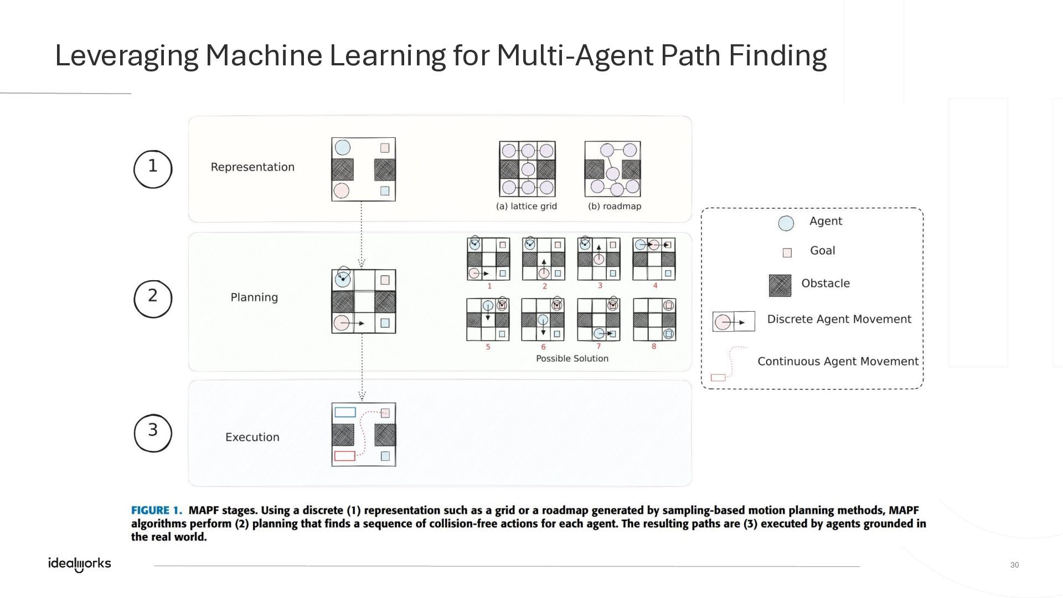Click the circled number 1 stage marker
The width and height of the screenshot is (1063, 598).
[x=153, y=168]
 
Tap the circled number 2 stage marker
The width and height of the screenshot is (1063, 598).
[x=153, y=298]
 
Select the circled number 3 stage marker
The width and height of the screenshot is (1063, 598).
[x=153, y=432]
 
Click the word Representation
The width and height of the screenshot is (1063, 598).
[x=252, y=167]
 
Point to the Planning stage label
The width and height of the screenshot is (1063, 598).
[x=254, y=297]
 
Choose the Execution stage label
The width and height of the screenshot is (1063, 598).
[x=252, y=437]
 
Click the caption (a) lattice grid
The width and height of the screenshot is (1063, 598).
[x=527, y=207]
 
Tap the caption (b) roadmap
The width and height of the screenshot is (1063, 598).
[x=615, y=207]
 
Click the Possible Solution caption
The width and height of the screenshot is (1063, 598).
[x=572, y=359]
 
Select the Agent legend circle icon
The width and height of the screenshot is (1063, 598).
[x=786, y=223]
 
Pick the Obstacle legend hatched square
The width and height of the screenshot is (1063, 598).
[x=780, y=285]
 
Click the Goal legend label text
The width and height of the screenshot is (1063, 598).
[x=822, y=251]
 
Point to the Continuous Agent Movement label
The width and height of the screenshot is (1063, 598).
[x=838, y=362]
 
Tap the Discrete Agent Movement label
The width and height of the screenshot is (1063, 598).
[x=839, y=319]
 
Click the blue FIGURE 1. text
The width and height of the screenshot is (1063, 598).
[x=157, y=511]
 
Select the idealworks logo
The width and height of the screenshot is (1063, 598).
[x=80, y=564]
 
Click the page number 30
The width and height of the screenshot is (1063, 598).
[x=1014, y=565]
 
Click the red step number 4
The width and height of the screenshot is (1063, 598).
[x=655, y=286]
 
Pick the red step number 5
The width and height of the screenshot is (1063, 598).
[x=488, y=347]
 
